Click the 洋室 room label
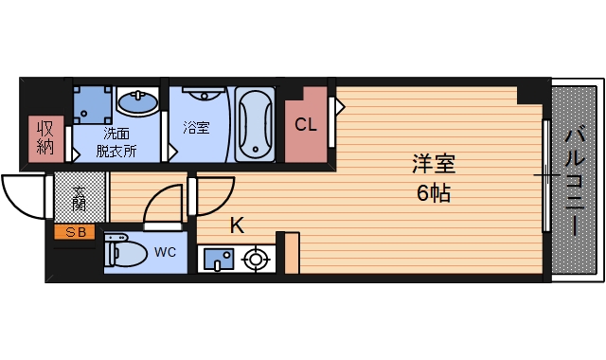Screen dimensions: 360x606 pos(434,164)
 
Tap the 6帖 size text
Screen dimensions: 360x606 pos(434,194)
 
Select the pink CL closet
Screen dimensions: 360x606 pos(306,125)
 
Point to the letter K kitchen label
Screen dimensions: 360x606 pos(237,225)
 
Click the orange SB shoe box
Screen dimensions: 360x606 pos(74,232)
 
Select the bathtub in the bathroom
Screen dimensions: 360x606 pos(254,125)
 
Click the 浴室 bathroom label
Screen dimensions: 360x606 pos(196,126)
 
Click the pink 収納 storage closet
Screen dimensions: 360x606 pos(45,138)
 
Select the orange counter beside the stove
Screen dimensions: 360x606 pos(293,252)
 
